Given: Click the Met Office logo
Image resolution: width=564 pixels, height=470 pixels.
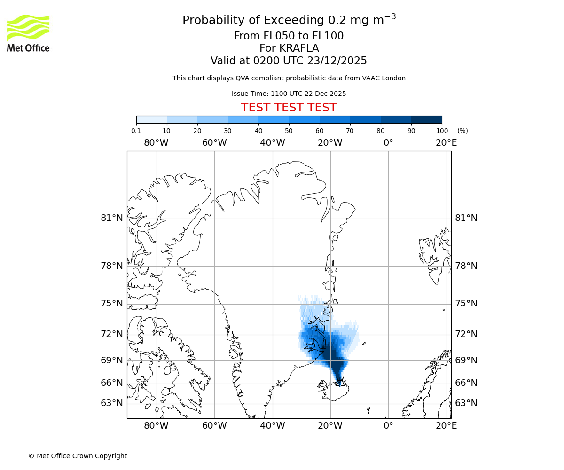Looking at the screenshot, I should tap(28, 33).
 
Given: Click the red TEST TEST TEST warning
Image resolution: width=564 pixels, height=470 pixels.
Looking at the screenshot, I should tap(289, 108).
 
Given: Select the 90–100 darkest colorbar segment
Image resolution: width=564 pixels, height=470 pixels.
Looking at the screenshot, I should tap(426, 120).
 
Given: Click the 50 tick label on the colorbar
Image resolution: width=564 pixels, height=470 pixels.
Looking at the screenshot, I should tap(289, 131).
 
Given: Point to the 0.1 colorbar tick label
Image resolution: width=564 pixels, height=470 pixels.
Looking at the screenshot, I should tap(136, 131).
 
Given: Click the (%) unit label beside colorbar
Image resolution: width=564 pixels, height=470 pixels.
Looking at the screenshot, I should tap(462, 131).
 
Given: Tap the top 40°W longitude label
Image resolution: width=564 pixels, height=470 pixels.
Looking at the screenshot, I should tap(273, 143).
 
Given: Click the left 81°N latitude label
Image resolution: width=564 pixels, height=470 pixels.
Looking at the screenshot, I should tap(112, 218).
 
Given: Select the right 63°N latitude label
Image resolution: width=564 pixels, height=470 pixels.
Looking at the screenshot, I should tap(466, 403).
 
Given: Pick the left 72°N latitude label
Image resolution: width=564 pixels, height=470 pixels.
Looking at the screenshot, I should tap(112, 334).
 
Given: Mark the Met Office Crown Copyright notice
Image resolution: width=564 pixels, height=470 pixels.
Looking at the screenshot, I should tap(78, 456).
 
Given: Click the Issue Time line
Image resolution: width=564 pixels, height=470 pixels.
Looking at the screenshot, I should tap(289, 94).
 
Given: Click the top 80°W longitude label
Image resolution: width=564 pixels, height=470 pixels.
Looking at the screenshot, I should tap(157, 143).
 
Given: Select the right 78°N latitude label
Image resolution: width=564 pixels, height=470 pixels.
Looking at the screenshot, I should tap(466, 266).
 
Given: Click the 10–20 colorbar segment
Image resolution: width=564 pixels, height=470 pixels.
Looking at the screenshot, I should tap(182, 120).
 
